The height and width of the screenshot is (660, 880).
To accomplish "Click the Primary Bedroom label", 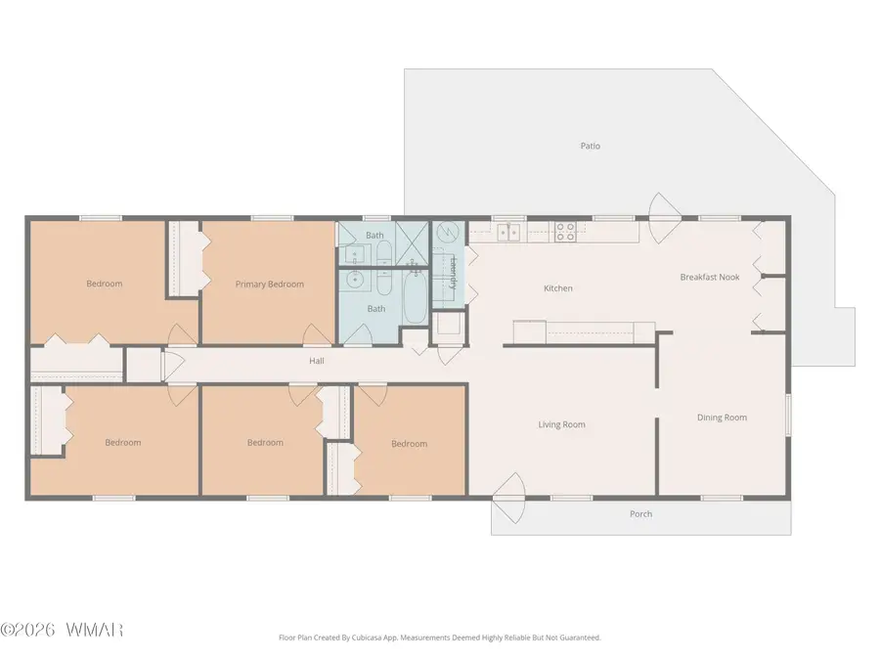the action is (270, 284).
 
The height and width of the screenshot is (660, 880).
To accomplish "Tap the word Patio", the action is (590, 146).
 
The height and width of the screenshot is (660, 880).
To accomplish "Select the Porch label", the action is (640, 514).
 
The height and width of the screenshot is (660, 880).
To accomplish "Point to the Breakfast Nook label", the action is (710, 278).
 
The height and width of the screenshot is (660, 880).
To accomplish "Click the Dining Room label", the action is (722, 418).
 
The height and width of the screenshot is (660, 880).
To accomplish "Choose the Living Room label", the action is (561, 425).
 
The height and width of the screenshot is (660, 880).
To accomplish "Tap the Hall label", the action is (317, 361).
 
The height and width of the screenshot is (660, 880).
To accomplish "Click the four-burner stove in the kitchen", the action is (565, 232).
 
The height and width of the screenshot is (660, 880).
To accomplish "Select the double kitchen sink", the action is (509, 232).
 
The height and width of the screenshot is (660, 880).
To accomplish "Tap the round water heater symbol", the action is (448, 232).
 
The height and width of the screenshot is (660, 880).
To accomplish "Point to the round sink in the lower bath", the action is (354, 279).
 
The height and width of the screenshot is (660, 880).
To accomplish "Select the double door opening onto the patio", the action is (665, 218).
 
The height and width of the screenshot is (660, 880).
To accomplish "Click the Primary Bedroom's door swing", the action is (317, 335).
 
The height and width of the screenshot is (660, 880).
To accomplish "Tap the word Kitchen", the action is (558, 288).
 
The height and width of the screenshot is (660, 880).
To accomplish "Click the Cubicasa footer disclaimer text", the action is (439, 638).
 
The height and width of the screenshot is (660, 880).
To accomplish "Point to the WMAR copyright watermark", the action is (62, 630).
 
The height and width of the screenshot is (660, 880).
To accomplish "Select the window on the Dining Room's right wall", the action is (788, 415).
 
